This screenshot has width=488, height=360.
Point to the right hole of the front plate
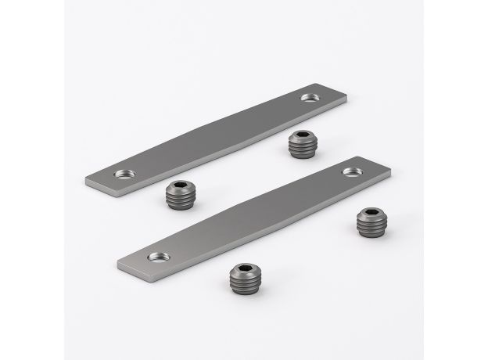pos(350,171)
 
